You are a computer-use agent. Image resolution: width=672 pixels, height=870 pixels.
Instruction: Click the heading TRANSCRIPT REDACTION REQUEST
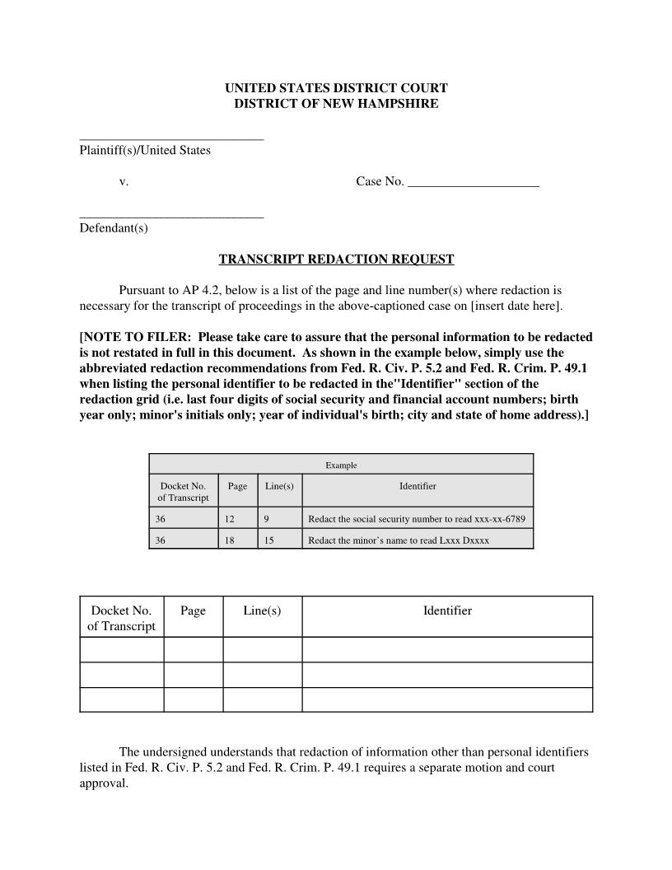pyautogui.click(x=336, y=260)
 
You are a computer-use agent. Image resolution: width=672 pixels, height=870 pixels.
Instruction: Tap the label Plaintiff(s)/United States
pyautogui.click(x=145, y=151)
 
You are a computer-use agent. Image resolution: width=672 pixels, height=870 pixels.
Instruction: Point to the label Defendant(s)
pyautogui.click(x=114, y=228)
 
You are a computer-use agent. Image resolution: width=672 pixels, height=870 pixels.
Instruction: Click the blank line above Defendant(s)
pyautogui.click(x=171, y=217)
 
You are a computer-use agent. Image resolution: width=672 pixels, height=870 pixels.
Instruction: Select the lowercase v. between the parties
pyautogui.click(x=124, y=181)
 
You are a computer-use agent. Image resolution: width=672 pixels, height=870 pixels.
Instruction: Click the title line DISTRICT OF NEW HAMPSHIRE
pyautogui.click(x=336, y=104)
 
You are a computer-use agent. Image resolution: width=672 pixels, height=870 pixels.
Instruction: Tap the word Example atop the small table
pyautogui.click(x=341, y=465)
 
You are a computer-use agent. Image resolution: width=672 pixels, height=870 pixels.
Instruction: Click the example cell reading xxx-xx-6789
pyautogui.click(x=416, y=519)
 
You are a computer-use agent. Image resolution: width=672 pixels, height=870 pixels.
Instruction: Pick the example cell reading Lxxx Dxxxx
pyautogui.click(x=399, y=540)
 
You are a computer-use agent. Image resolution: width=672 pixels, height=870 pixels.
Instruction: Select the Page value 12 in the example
pyautogui.click(x=229, y=519)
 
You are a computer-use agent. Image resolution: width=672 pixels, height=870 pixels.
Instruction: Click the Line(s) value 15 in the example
pyautogui.click(x=269, y=540)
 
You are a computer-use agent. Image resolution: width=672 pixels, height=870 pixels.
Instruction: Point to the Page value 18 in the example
pyautogui.click(x=229, y=540)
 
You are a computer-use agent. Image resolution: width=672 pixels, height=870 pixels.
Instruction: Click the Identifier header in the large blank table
pyautogui.click(x=447, y=610)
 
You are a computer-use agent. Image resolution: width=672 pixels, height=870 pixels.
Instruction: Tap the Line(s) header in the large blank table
pyautogui.click(x=262, y=610)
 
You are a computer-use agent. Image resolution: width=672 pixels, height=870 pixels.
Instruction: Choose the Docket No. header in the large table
pyautogui.click(x=121, y=618)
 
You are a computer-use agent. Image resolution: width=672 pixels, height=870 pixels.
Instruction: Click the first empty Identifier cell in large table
pyautogui.click(x=447, y=649)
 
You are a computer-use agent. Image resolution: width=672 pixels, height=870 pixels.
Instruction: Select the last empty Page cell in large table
pyautogui.click(x=193, y=699)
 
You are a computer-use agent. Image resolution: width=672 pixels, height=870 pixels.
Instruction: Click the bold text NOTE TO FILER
pyautogui.click(x=133, y=337)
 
